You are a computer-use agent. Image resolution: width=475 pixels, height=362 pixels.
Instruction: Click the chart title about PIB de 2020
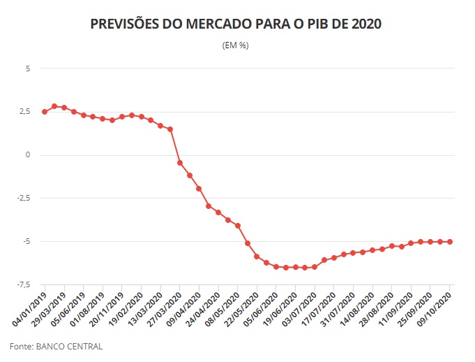coord(236,24)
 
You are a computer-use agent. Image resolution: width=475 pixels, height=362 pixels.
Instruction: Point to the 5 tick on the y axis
coord(28,68)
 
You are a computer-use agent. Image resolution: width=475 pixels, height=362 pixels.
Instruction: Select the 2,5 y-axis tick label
coord(25,112)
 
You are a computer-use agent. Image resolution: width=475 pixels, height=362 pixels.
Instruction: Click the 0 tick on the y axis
coord(28,155)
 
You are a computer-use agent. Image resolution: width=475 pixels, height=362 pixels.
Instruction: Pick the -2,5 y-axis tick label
coord(24,198)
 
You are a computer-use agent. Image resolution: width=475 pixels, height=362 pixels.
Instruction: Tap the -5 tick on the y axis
coord(27,242)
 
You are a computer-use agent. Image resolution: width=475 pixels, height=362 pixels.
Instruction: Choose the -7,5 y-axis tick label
coord(24,285)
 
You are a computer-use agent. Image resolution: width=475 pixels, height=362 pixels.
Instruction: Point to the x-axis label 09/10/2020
coord(435,308)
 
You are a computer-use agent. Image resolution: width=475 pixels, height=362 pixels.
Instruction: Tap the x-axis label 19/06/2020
coord(280,308)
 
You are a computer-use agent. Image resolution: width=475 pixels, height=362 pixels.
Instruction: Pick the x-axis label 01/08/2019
coord(88,308)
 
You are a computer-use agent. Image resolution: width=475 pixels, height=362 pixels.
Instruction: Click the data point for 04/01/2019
coord(45,112)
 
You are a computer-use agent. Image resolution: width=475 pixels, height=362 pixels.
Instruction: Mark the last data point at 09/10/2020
coord(450,242)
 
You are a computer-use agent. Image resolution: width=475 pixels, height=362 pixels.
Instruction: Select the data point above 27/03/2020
coord(180,163)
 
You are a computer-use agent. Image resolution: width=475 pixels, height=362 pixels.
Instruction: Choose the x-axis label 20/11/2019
coord(107,308)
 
